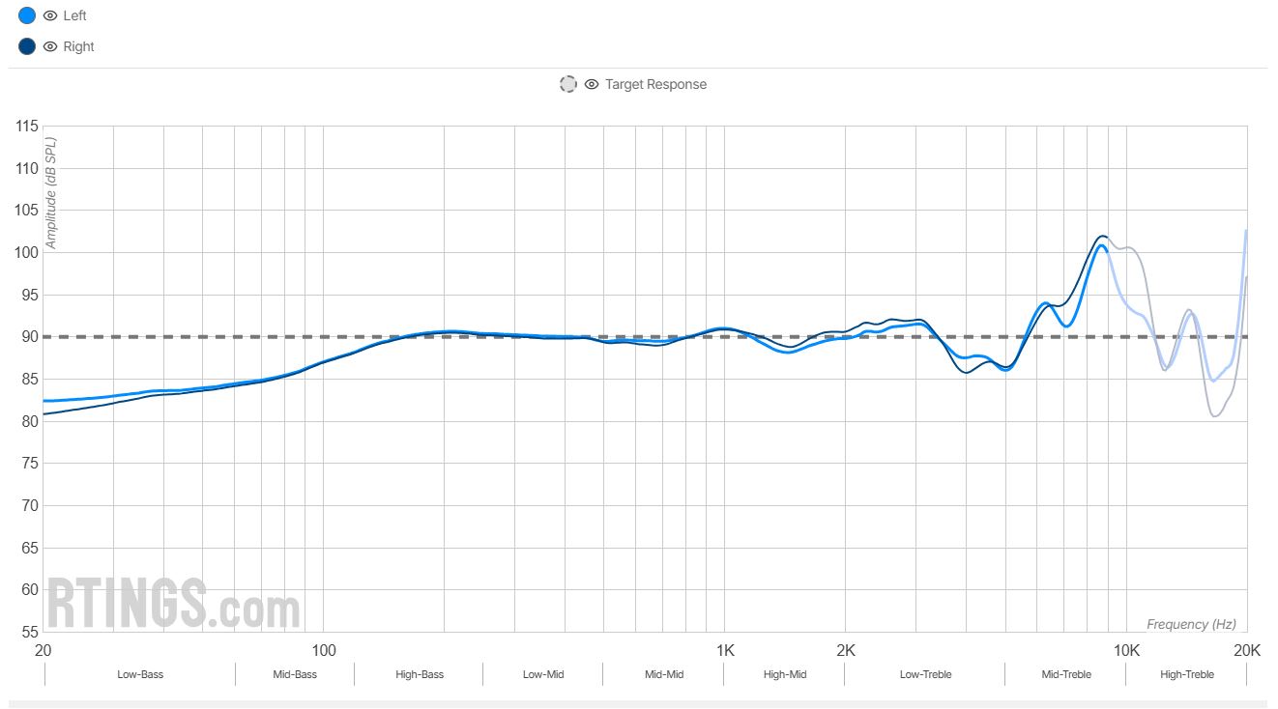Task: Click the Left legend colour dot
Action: point(27,15)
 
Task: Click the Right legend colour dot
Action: point(27,46)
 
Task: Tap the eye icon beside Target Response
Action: point(592,84)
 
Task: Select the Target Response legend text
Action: point(655,84)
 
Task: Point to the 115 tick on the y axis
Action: point(27,127)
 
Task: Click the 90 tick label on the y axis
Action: point(27,337)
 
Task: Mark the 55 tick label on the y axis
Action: point(27,632)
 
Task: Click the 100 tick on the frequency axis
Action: point(323,650)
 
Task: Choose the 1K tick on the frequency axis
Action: point(725,650)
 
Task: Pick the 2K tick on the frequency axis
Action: point(846,650)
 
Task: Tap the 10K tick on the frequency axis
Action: point(1126,650)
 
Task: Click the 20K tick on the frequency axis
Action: point(1247,650)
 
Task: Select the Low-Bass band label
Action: point(140,674)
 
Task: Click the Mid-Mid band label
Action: point(664,674)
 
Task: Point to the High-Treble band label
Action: point(1187,674)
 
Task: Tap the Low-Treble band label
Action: point(925,674)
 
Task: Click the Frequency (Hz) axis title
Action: point(1191,625)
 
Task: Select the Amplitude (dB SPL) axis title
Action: point(51,193)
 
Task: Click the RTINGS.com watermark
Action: point(174,604)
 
